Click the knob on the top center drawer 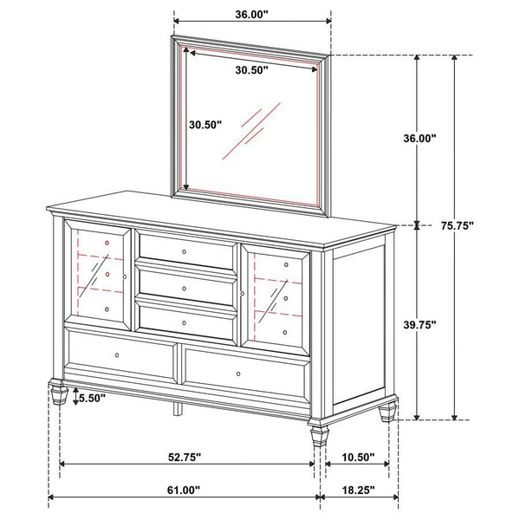pyautogui.click(x=185, y=250)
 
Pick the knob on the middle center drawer pyautogui.click(x=185, y=286)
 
